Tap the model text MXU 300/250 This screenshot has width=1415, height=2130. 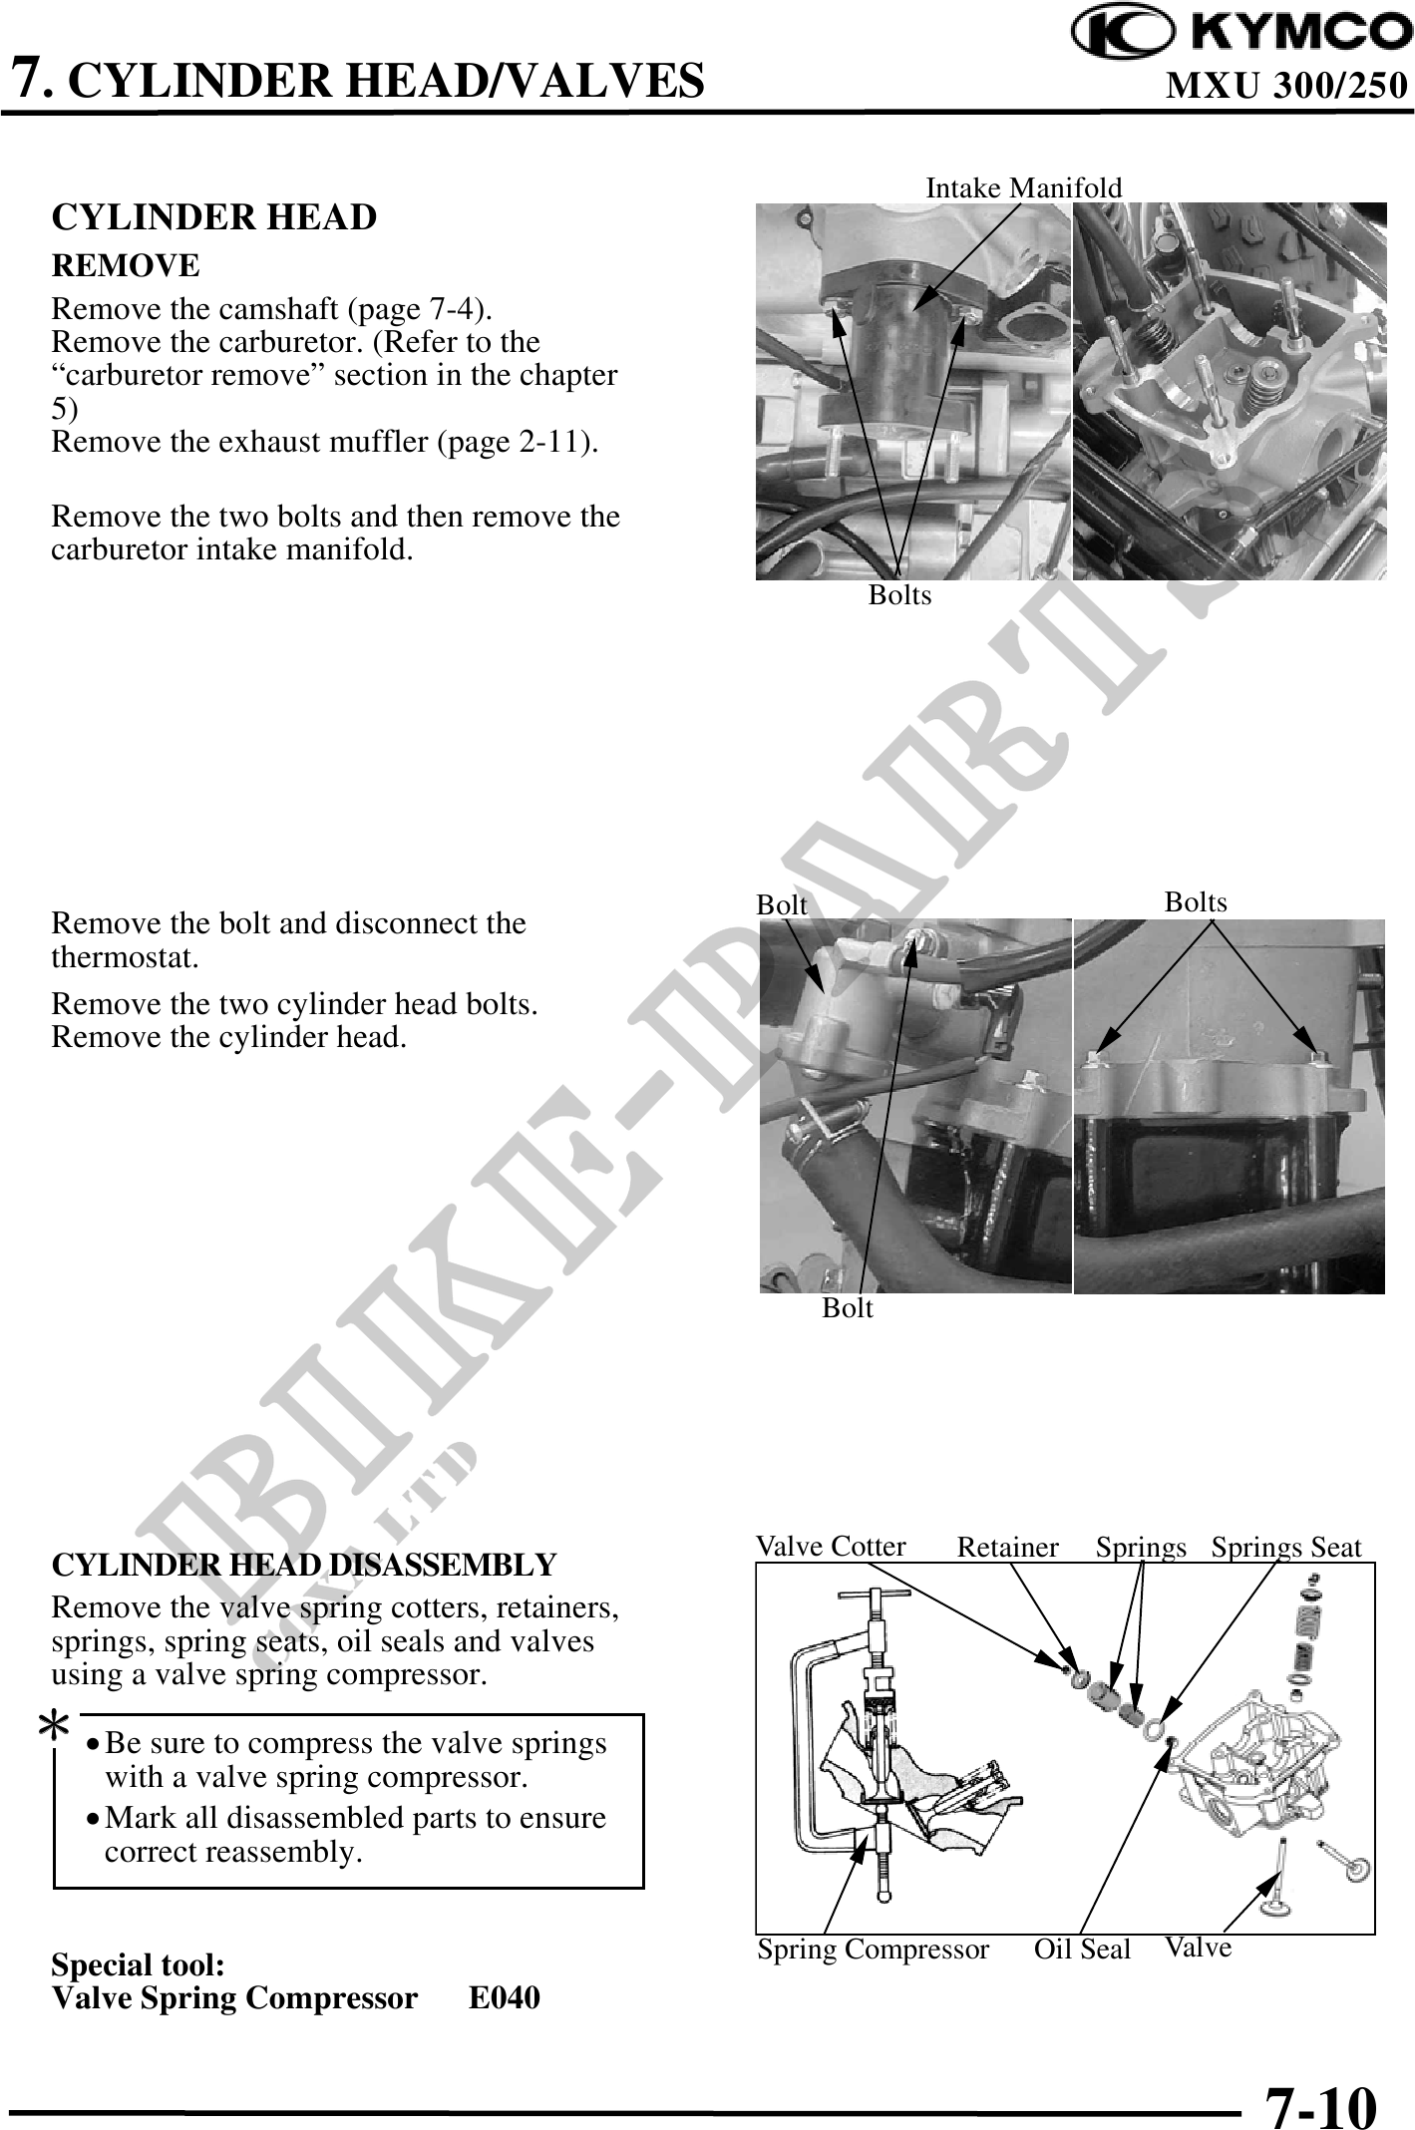tap(1286, 87)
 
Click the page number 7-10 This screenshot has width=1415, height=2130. tap(1320, 2079)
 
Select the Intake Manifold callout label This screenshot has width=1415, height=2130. tap(1023, 187)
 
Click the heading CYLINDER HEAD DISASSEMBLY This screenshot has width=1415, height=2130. tap(303, 1565)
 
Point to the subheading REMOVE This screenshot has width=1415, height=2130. tap(125, 266)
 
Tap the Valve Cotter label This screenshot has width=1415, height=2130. tap(830, 1547)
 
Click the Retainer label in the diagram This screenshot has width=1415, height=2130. tap(1007, 1548)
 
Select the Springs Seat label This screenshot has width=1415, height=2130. tap(1285, 1548)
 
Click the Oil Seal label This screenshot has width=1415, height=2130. tap(1082, 1949)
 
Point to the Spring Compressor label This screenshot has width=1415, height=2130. tap(873, 1949)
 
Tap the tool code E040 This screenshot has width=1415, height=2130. tap(504, 1997)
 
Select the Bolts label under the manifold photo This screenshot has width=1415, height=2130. tap(899, 595)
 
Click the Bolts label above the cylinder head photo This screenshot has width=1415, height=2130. tap(1195, 901)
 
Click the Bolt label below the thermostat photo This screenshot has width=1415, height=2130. tap(847, 1308)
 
